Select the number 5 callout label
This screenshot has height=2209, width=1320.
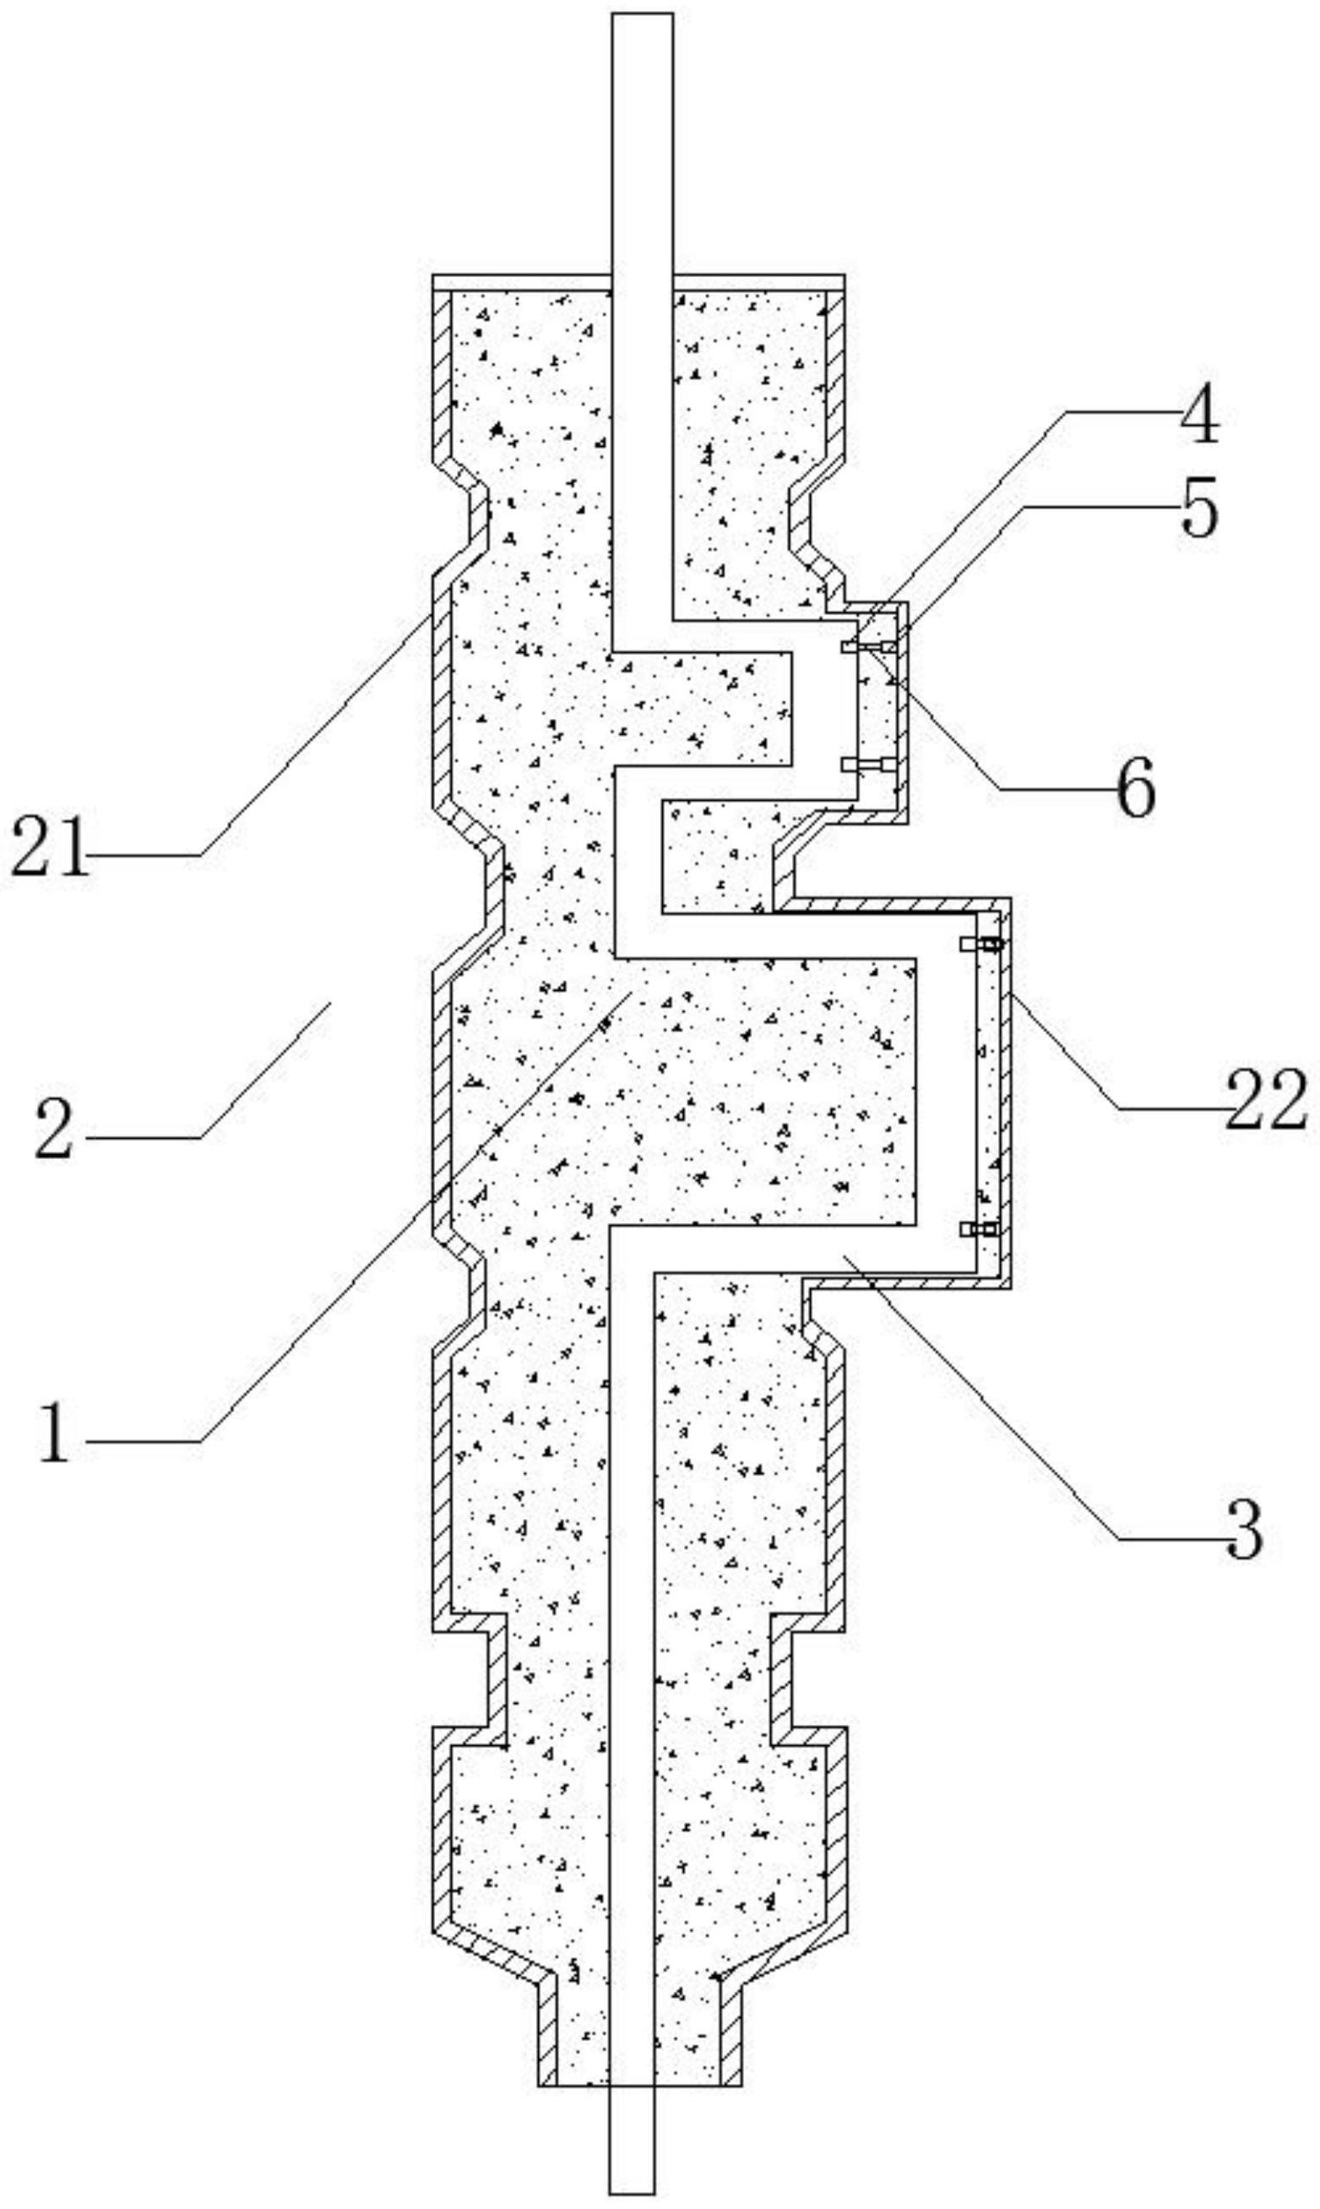pos(1199,513)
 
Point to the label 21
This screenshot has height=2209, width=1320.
pos(50,849)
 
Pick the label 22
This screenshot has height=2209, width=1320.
pos(1266,1101)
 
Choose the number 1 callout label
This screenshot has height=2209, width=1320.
pos(55,1432)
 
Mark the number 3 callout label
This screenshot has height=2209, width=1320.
pos(1243,1529)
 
